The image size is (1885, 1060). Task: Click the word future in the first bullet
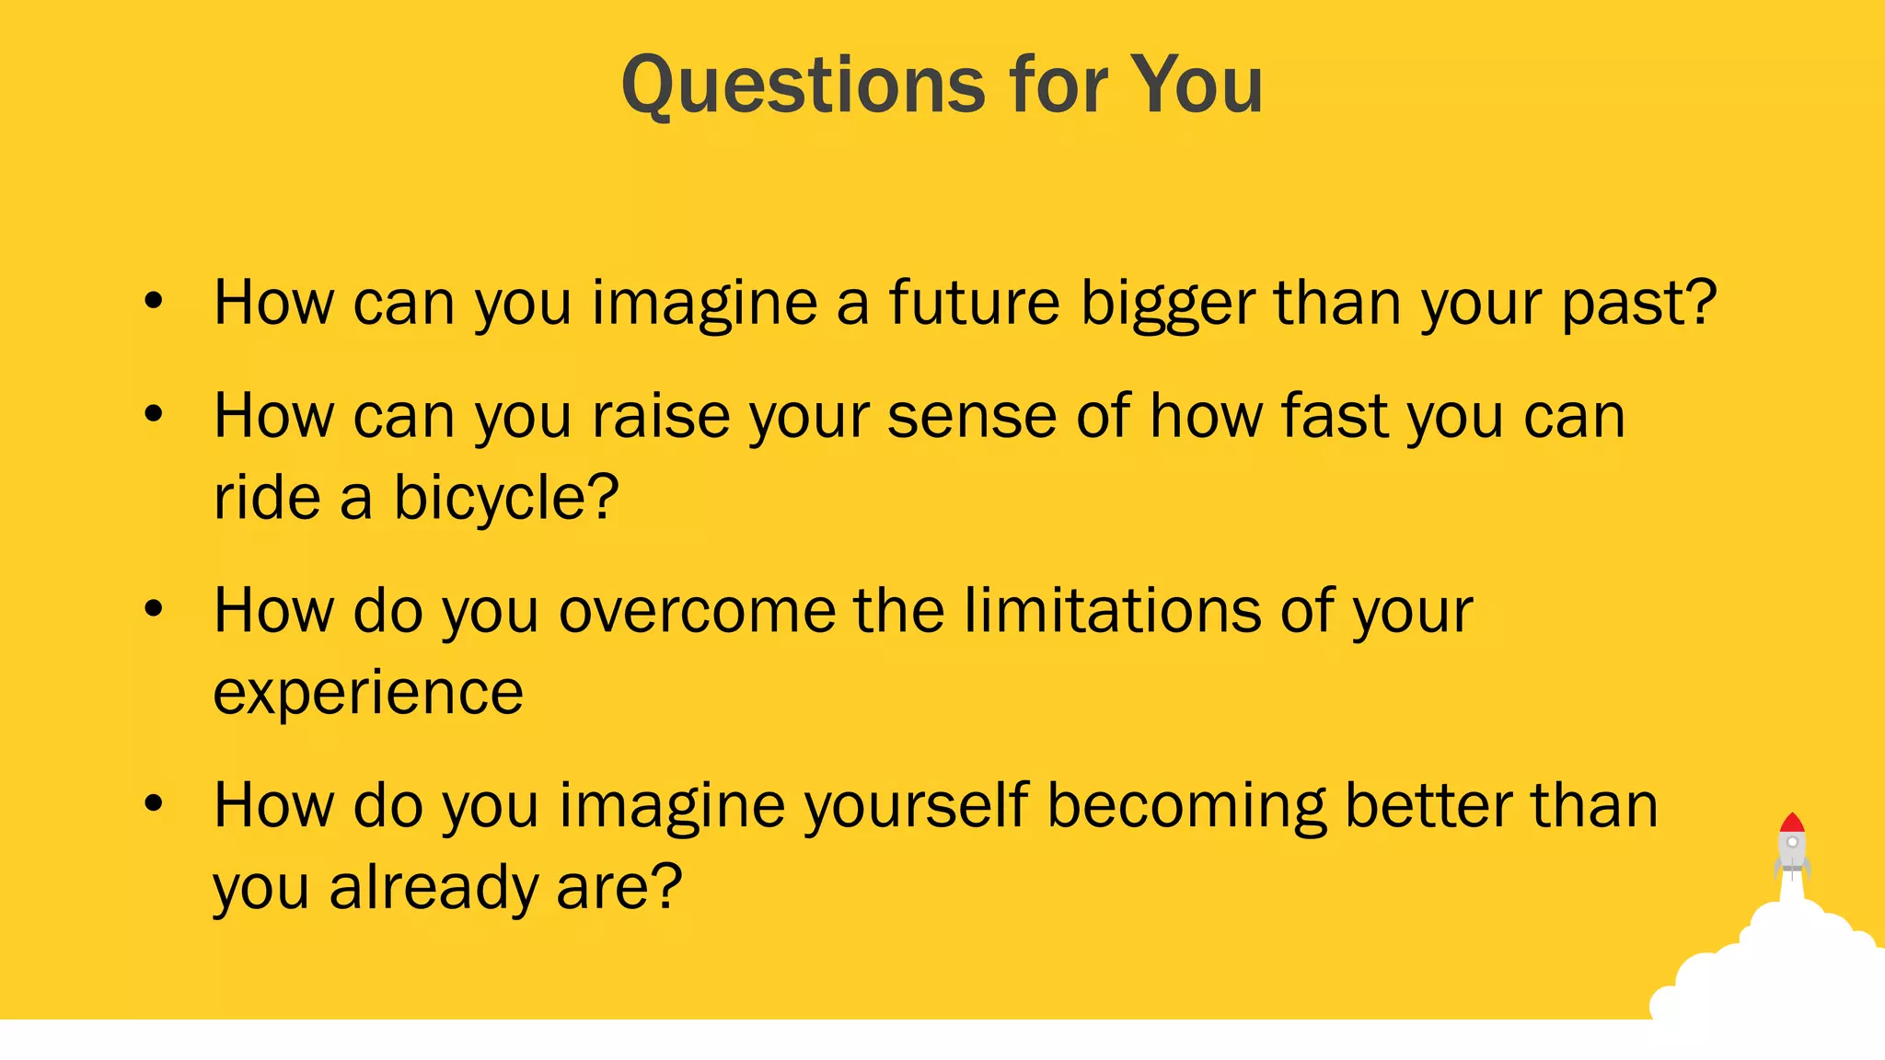point(974,303)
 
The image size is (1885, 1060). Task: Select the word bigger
point(1168,305)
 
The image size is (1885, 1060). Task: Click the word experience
point(368,693)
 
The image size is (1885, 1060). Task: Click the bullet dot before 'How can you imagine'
point(154,301)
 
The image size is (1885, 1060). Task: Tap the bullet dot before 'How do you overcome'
point(154,608)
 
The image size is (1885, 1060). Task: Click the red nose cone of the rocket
point(1791,823)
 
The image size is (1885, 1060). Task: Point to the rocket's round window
point(1792,842)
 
